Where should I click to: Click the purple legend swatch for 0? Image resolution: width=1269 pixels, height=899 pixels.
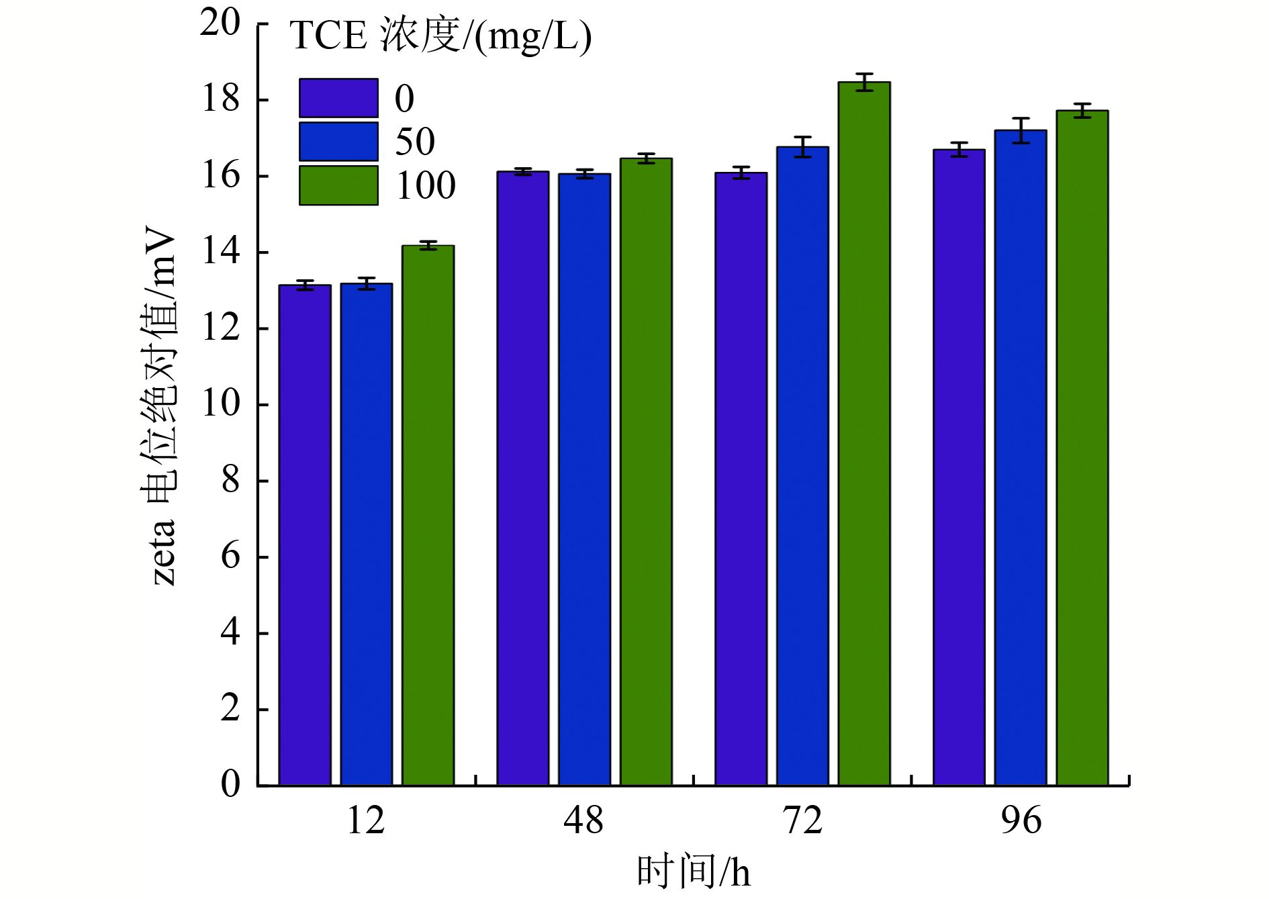click(338, 98)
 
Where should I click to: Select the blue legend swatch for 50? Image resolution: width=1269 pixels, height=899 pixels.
click(338, 142)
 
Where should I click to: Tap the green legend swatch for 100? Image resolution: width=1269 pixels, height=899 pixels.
click(338, 185)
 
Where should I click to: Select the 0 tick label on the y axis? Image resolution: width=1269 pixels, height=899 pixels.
click(230, 784)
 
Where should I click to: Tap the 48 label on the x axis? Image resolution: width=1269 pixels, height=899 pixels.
click(583, 820)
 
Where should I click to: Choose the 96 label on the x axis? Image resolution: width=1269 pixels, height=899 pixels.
click(1021, 820)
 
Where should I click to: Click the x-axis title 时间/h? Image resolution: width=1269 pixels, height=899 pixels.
click(693, 872)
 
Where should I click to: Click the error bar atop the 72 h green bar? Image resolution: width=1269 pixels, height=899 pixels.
click(864, 82)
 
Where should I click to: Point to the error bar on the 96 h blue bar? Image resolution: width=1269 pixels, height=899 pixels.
click(1021, 130)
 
